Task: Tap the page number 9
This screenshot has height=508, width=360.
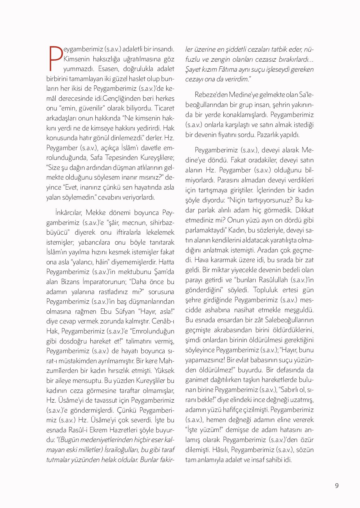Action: [337, 485]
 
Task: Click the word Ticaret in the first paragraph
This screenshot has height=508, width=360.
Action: [164, 108]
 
